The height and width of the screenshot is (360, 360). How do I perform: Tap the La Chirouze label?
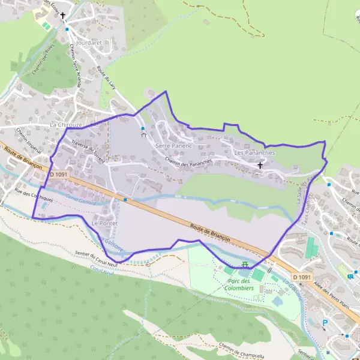pos(65,124)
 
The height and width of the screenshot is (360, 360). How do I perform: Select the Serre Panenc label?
pos(173,146)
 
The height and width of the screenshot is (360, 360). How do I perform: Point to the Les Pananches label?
pos(254,153)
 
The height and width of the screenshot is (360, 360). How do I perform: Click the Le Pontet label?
pos(103,223)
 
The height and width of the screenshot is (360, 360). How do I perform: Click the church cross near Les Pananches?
pos(260,164)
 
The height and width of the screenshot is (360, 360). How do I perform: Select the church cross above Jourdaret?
pos(62,16)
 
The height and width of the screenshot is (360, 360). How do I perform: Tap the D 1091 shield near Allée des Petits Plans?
pos(305,277)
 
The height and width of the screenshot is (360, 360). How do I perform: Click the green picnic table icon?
pos(245,263)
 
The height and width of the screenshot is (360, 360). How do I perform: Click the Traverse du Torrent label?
pos(88,151)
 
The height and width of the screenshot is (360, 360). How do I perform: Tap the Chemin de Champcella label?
pos(242,350)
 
